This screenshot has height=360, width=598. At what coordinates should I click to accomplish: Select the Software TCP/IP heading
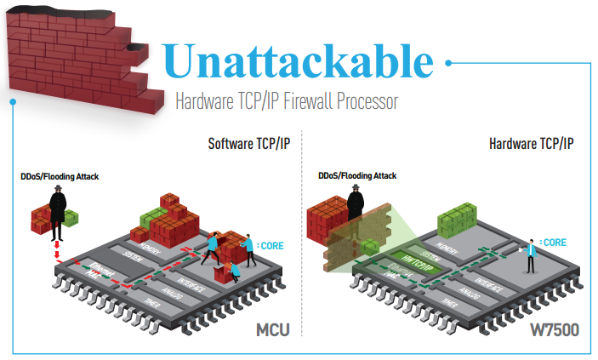coord(249,143)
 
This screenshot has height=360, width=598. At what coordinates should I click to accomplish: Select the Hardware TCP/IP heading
coord(532,143)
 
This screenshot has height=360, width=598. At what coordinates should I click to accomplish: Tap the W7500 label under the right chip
coord(552,329)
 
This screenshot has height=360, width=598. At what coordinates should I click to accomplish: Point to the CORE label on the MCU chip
coord(270,247)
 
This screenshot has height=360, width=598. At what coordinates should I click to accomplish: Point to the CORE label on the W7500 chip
coord(554,243)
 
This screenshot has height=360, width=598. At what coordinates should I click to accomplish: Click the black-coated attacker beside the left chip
coord(58,212)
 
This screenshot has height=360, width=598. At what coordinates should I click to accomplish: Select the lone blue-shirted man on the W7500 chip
coord(531,254)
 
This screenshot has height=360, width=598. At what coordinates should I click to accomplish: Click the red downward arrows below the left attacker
coord(56,253)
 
